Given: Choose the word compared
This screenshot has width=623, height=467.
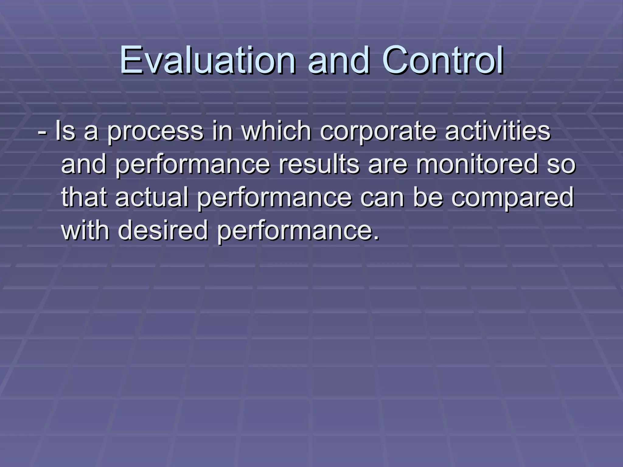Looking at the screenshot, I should [512, 199].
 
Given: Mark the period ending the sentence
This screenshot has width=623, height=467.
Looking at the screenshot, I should [377, 238].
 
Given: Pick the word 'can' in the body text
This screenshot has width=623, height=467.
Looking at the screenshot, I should [382, 199].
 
